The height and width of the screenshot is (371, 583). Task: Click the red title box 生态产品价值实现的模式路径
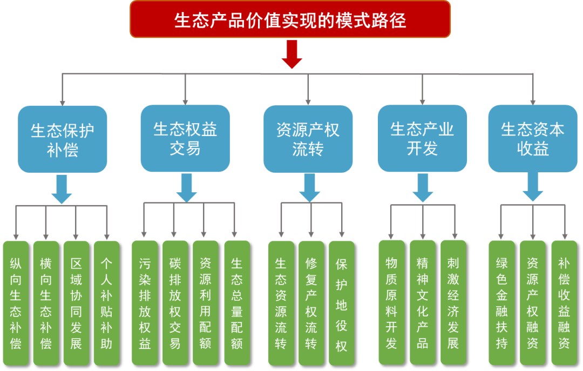point(290,19)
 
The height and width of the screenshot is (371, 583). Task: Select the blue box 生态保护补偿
point(63,139)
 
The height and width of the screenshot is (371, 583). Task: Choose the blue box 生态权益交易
point(185,138)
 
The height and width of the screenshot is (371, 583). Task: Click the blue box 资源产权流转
point(308,139)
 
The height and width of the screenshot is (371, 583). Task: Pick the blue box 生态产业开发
point(422,138)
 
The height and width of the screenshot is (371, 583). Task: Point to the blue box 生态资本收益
point(533,138)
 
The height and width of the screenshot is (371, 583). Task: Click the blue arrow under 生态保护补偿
point(62,189)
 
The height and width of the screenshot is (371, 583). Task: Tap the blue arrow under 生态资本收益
point(533,187)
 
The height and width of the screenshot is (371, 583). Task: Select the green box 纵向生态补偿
point(16,302)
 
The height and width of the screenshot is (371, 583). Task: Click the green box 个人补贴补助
point(106,302)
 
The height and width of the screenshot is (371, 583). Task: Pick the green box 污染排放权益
point(145,302)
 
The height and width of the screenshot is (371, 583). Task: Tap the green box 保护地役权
point(342,302)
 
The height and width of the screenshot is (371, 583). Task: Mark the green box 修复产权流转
point(311,302)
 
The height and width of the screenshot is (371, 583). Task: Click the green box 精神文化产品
point(422,302)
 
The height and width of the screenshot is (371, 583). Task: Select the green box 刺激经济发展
point(453,302)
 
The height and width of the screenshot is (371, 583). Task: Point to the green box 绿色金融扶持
point(501,302)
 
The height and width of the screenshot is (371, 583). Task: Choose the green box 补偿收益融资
point(564,302)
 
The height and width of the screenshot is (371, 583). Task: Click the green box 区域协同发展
point(76,302)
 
